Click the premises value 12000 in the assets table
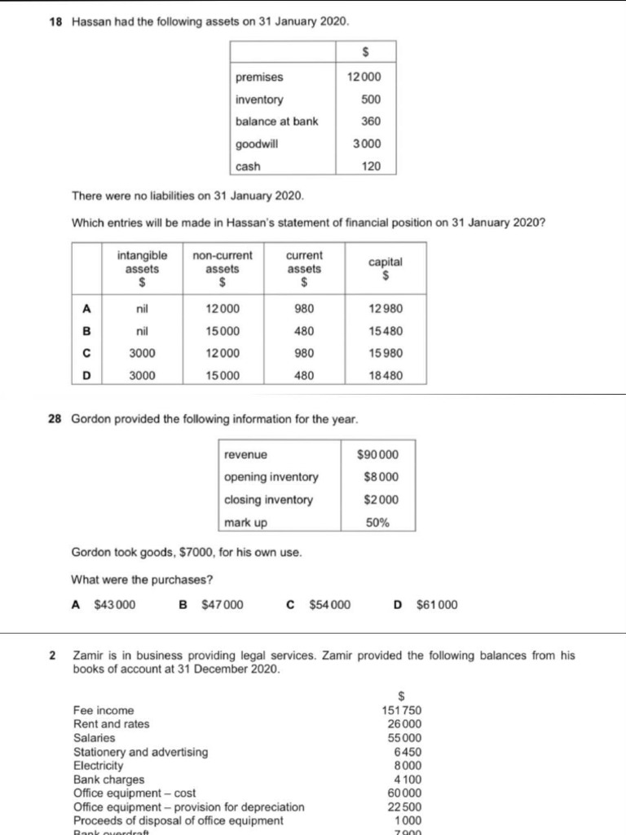coord(364,77)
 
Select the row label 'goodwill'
coord(257,144)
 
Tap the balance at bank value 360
coord(371,121)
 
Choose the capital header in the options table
coord(386,267)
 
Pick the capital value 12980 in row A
coord(386,309)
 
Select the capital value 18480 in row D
coord(386,376)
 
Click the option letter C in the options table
coord(86,353)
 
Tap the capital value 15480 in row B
coord(386,331)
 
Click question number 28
coord(56,419)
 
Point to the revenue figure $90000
coord(378,454)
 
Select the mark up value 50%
coord(377,522)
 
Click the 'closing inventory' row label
coord(268,500)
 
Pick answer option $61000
coord(437,605)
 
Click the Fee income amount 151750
coord(401,710)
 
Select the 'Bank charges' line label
coord(108,780)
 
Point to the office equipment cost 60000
coord(404,793)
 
